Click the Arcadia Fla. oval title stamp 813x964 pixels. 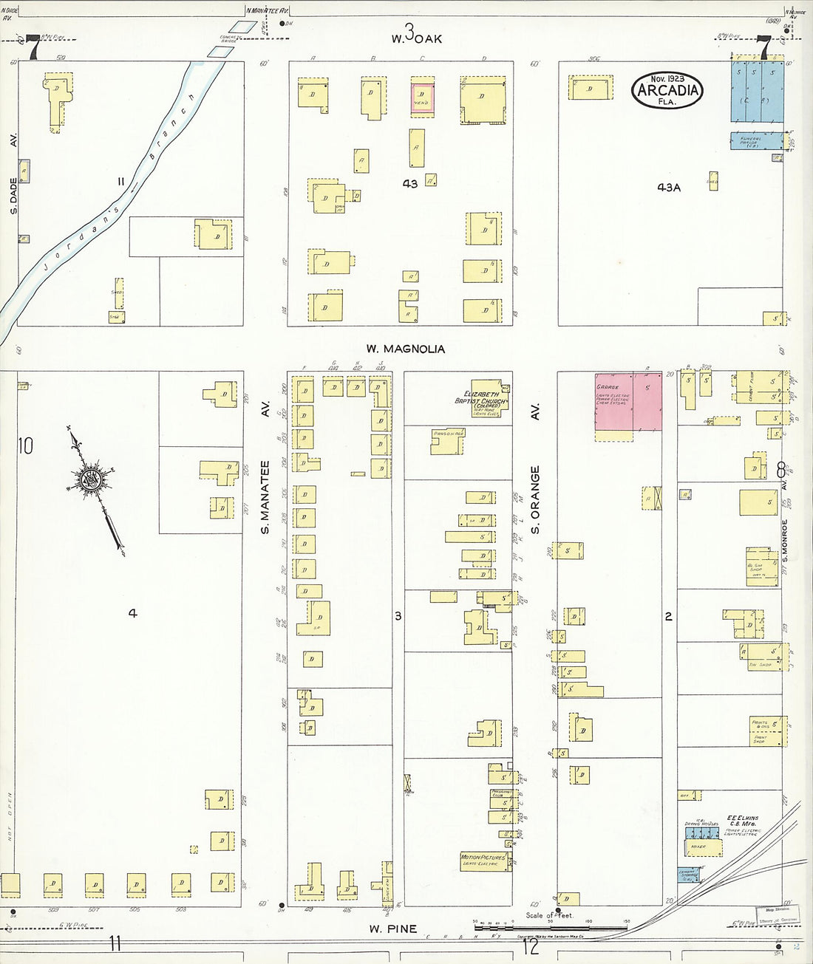[x=667, y=89]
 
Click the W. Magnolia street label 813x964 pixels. [x=406, y=349]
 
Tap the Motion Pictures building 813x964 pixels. [x=484, y=860]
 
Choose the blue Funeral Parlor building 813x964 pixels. [x=756, y=141]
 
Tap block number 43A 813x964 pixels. [x=668, y=188]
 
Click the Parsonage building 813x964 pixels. [x=448, y=441]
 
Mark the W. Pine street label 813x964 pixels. [x=392, y=929]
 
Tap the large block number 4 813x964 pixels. [x=132, y=612]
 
